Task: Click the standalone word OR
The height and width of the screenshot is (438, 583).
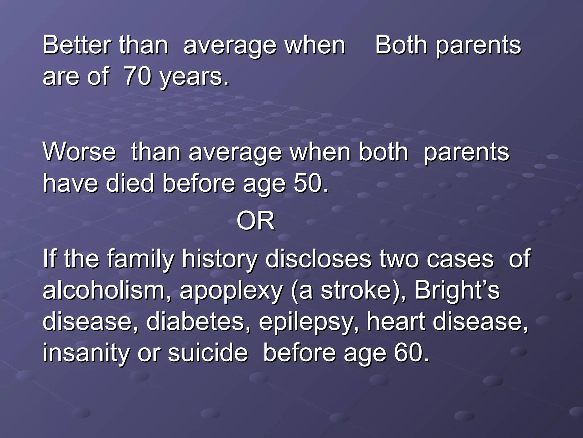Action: tap(255, 221)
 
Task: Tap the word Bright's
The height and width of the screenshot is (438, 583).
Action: tap(457, 290)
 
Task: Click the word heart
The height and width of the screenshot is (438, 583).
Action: tap(396, 322)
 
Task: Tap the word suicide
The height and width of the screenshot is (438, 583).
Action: tap(208, 353)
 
